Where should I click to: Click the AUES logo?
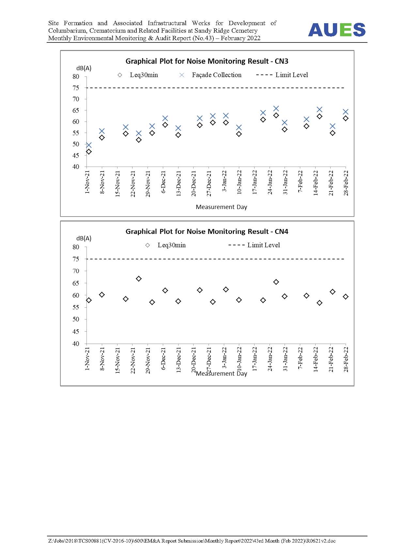[336, 30]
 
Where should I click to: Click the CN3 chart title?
[207, 61]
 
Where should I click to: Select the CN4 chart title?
[207, 232]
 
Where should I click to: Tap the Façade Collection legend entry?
[210, 75]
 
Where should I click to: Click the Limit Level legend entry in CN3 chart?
[282, 75]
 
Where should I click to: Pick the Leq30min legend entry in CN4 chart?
[165, 245]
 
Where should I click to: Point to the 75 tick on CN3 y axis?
[76, 88]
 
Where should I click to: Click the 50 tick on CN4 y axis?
[76, 319]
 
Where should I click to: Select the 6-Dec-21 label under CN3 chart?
[163, 182]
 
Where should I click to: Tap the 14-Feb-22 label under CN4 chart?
[316, 359]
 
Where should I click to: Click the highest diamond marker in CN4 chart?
[139, 279]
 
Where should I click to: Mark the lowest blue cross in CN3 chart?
[89, 145]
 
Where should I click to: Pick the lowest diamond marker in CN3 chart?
[89, 152]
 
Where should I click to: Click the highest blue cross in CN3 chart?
[276, 108]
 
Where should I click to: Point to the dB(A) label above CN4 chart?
[84, 238]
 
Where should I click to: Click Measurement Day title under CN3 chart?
[221, 207]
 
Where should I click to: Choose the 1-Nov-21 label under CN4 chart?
[87, 359]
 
